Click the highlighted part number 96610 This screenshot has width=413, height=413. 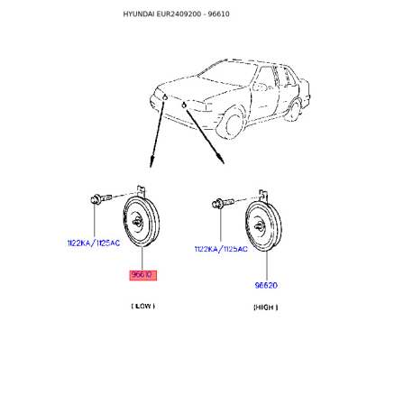(142, 275)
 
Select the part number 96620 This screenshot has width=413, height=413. (266, 285)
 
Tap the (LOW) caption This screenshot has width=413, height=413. (143, 306)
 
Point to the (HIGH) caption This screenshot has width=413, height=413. (266, 307)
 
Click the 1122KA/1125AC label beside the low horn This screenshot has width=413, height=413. (94, 243)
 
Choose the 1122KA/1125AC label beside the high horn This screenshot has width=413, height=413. (221, 249)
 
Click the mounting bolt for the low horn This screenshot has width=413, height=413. (101, 198)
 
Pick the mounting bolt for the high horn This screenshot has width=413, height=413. (223, 203)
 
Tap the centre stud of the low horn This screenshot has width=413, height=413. (137, 222)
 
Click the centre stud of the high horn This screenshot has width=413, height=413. (260, 226)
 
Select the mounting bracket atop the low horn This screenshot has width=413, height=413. (142, 191)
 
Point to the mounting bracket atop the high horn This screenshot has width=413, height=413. (263, 196)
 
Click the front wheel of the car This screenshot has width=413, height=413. (234, 124)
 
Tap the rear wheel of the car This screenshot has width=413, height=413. (295, 111)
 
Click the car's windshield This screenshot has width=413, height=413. (227, 74)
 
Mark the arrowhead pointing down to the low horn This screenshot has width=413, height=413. (151, 161)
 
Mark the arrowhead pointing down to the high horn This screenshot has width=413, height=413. (221, 159)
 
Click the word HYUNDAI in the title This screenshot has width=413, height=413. (139, 14)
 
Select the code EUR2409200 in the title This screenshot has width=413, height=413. (179, 14)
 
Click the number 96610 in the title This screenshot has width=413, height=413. (218, 14)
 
